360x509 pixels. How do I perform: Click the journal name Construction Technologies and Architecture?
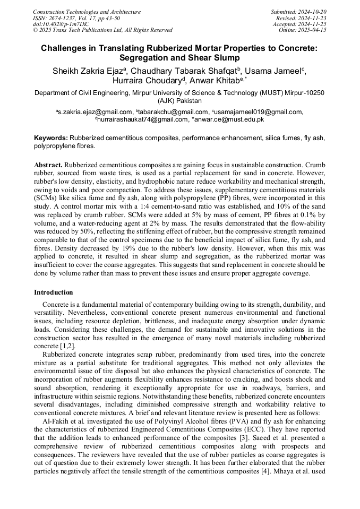[87, 12]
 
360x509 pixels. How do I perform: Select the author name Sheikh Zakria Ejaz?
[87, 71]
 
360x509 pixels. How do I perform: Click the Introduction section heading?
[54, 292]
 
